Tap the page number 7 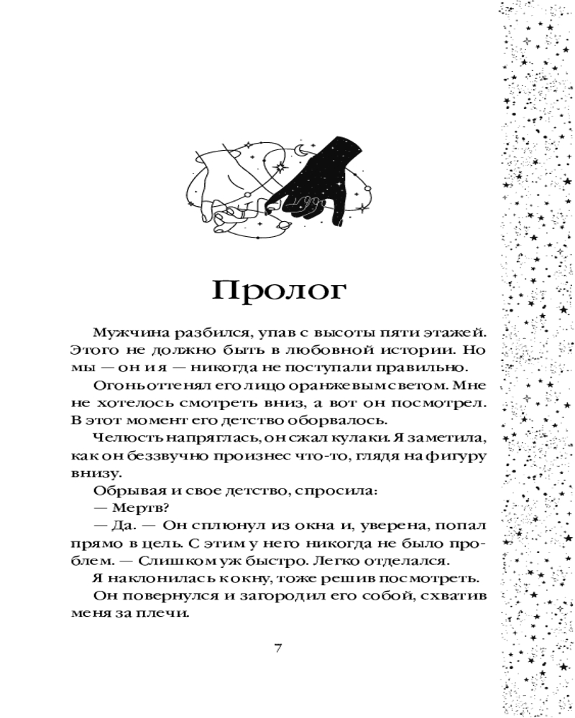click(278, 648)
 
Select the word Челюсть click(121, 437)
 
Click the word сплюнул click(236, 526)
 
